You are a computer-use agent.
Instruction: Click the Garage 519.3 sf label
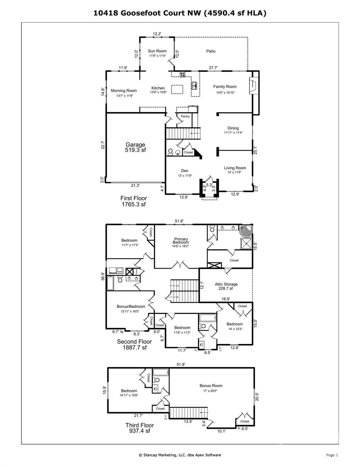(135, 147)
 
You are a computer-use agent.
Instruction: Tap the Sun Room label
(157, 51)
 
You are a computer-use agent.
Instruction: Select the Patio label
(211, 51)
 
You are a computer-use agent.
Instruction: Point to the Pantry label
(185, 116)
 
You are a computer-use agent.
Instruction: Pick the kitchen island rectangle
(177, 89)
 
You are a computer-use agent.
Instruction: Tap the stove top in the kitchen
(182, 74)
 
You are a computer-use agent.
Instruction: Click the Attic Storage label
(226, 284)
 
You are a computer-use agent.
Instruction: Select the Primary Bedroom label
(181, 241)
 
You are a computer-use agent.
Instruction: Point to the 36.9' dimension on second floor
(103, 276)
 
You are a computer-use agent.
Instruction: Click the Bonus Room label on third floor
(211, 385)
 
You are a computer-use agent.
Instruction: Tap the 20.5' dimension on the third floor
(257, 397)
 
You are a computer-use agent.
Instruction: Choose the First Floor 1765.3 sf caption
(134, 201)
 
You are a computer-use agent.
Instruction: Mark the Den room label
(185, 171)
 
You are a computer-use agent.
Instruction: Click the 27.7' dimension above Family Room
(213, 68)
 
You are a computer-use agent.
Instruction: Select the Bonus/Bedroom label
(131, 306)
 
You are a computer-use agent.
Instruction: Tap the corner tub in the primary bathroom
(246, 231)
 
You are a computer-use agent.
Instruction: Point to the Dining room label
(233, 128)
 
